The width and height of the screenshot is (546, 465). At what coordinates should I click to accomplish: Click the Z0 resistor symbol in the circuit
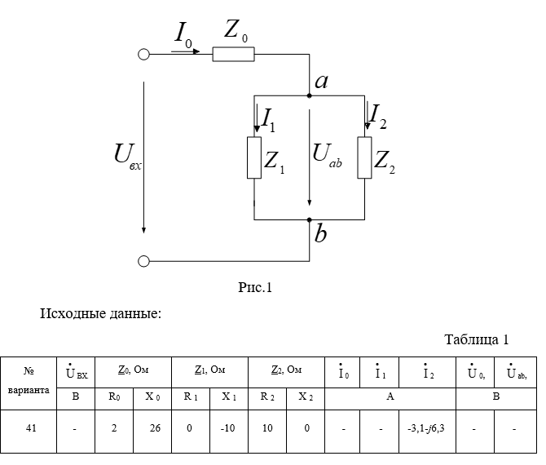[x=233, y=55]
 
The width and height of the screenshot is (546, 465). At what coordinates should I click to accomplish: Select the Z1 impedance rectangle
[x=254, y=157]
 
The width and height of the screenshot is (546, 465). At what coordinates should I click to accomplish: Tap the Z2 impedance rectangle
[x=363, y=157]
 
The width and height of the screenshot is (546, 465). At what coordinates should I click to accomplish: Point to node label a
[x=321, y=81]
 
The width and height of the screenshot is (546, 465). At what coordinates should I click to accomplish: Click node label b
[x=321, y=235]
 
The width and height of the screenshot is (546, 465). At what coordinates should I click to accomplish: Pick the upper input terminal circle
[x=143, y=55]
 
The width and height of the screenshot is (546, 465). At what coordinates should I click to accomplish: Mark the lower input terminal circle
[x=143, y=261]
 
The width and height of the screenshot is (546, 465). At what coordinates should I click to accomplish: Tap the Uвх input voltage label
[x=127, y=155]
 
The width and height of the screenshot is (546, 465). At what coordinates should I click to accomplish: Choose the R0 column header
[x=114, y=396]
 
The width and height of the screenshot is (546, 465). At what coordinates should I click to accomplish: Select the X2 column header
[x=305, y=396]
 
